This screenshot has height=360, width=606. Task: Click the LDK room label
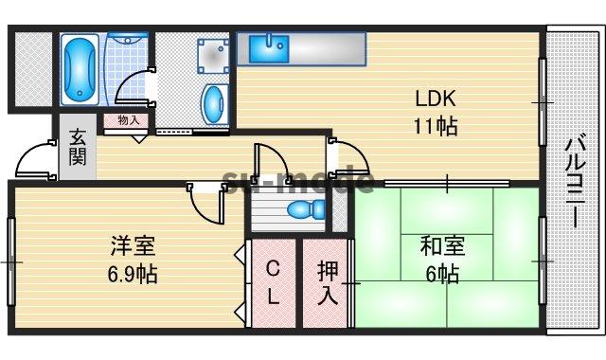coord(437,99)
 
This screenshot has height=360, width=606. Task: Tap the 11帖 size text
coord(435,125)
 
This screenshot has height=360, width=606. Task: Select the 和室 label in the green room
coord(442,247)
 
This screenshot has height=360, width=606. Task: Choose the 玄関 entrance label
coord(78,147)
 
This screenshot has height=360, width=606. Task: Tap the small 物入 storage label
coord(129,120)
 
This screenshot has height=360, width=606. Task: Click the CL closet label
coord(273,283)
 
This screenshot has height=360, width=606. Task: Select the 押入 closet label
coord(327,283)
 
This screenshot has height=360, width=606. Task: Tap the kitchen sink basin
coord(276,48)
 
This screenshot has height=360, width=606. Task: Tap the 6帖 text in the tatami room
coord(442,275)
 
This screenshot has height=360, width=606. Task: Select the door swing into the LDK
coord(347,156)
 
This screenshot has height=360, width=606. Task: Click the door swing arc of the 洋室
coord(207,201)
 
